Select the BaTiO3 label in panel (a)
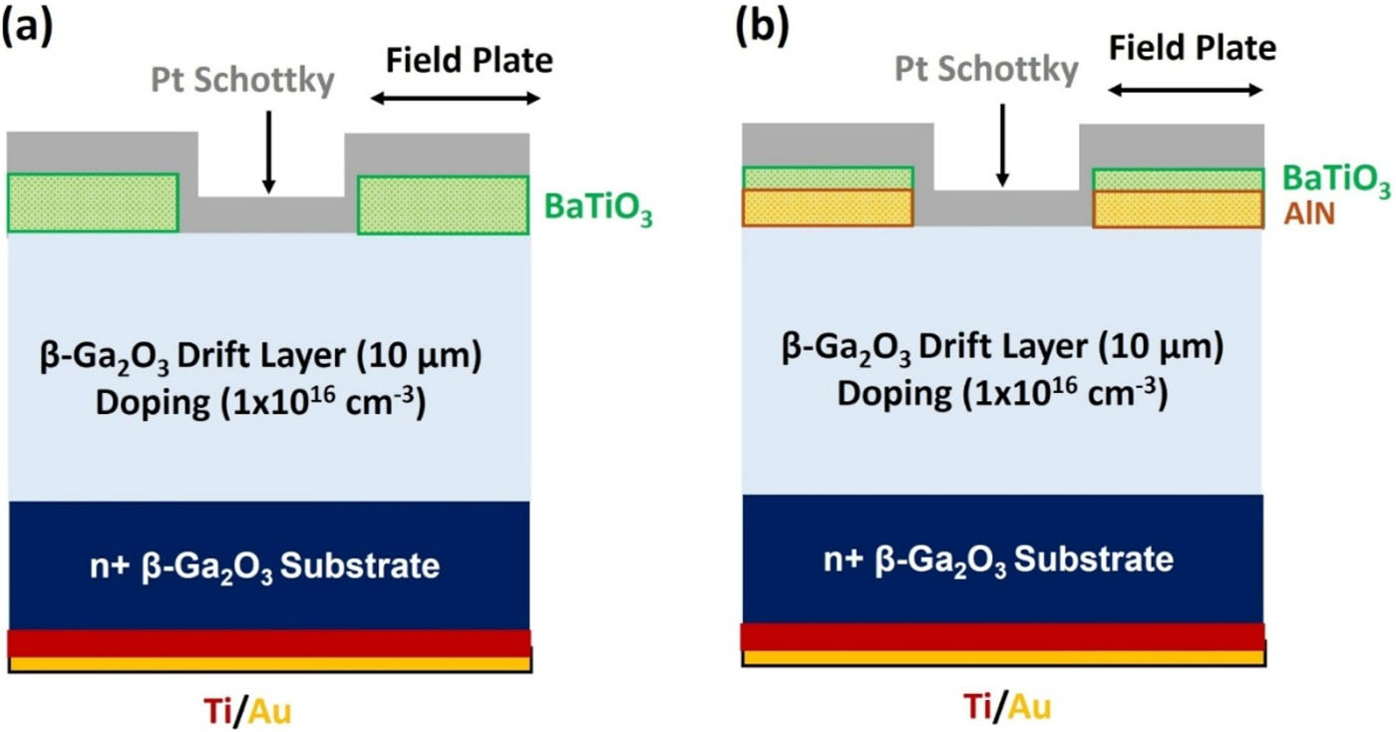pyautogui.click(x=598, y=210)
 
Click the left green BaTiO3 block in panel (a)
pyautogui.click(x=93, y=203)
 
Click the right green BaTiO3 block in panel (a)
pyautogui.click(x=443, y=205)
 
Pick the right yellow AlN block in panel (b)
pyautogui.click(x=1178, y=208)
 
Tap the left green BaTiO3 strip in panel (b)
pyautogui.click(x=828, y=178)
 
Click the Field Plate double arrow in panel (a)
pyautogui.click(x=455, y=98)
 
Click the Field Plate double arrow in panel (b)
pyautogui.click(x=1186, y=89)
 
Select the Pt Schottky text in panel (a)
pyautogui.click(x=243, y=82)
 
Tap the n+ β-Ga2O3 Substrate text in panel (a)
pyautogui.click(x=263, y=566)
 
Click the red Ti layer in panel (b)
pyautogui.click(x=1002, y=636)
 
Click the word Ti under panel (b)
pyautogui.click(x=977, y=706)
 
